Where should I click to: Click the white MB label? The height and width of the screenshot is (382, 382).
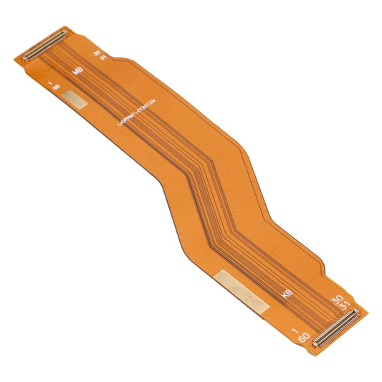(77, 72)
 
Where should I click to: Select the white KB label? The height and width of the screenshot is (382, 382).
(287, 294)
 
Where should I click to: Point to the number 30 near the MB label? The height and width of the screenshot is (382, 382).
(96, 52)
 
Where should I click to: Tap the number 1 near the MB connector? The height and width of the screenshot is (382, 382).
(50, 84)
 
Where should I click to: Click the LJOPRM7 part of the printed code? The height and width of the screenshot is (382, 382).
(129, 117)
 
